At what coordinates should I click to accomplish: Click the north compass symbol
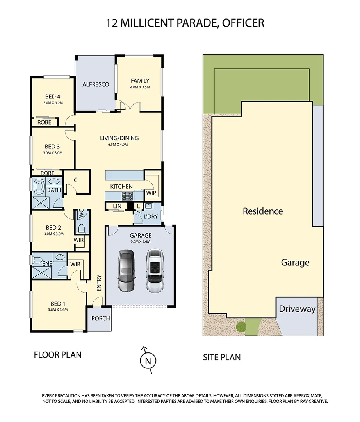pyautogui.click(x=148, y=360)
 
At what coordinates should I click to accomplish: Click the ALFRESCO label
pyautogui.click(x=95, y=84)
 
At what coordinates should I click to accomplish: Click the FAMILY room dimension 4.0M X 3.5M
pyautogui.click(x=140, y=87)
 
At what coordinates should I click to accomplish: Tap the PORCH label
pyautogui.click(x=100, y=318)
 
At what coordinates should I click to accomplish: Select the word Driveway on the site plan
pyautogui.click(x=297, y=309)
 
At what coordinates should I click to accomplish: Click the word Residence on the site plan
pyautogui.click(x=262, y=211)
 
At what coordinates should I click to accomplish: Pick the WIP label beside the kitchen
pyautogui.click(x=151, y=193)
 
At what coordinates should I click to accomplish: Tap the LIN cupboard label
pyautogui.click(x=117, y=206)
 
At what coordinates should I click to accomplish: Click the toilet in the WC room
pyautogui.click(x=82, y=228)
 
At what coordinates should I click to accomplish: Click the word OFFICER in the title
pyautogui.click(x=243, y=23)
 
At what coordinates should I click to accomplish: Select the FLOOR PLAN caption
pyautogui.click(x=58, y=355)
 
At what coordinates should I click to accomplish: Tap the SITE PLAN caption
pyautogui.click(x=222, y=357)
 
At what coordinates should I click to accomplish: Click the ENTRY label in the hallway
pyautogui.click(x=99, y=283)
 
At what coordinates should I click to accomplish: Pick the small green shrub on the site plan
pyautogui.click(x=241, y=325)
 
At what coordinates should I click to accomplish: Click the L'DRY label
pyautogui.click(x=150, y=216)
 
